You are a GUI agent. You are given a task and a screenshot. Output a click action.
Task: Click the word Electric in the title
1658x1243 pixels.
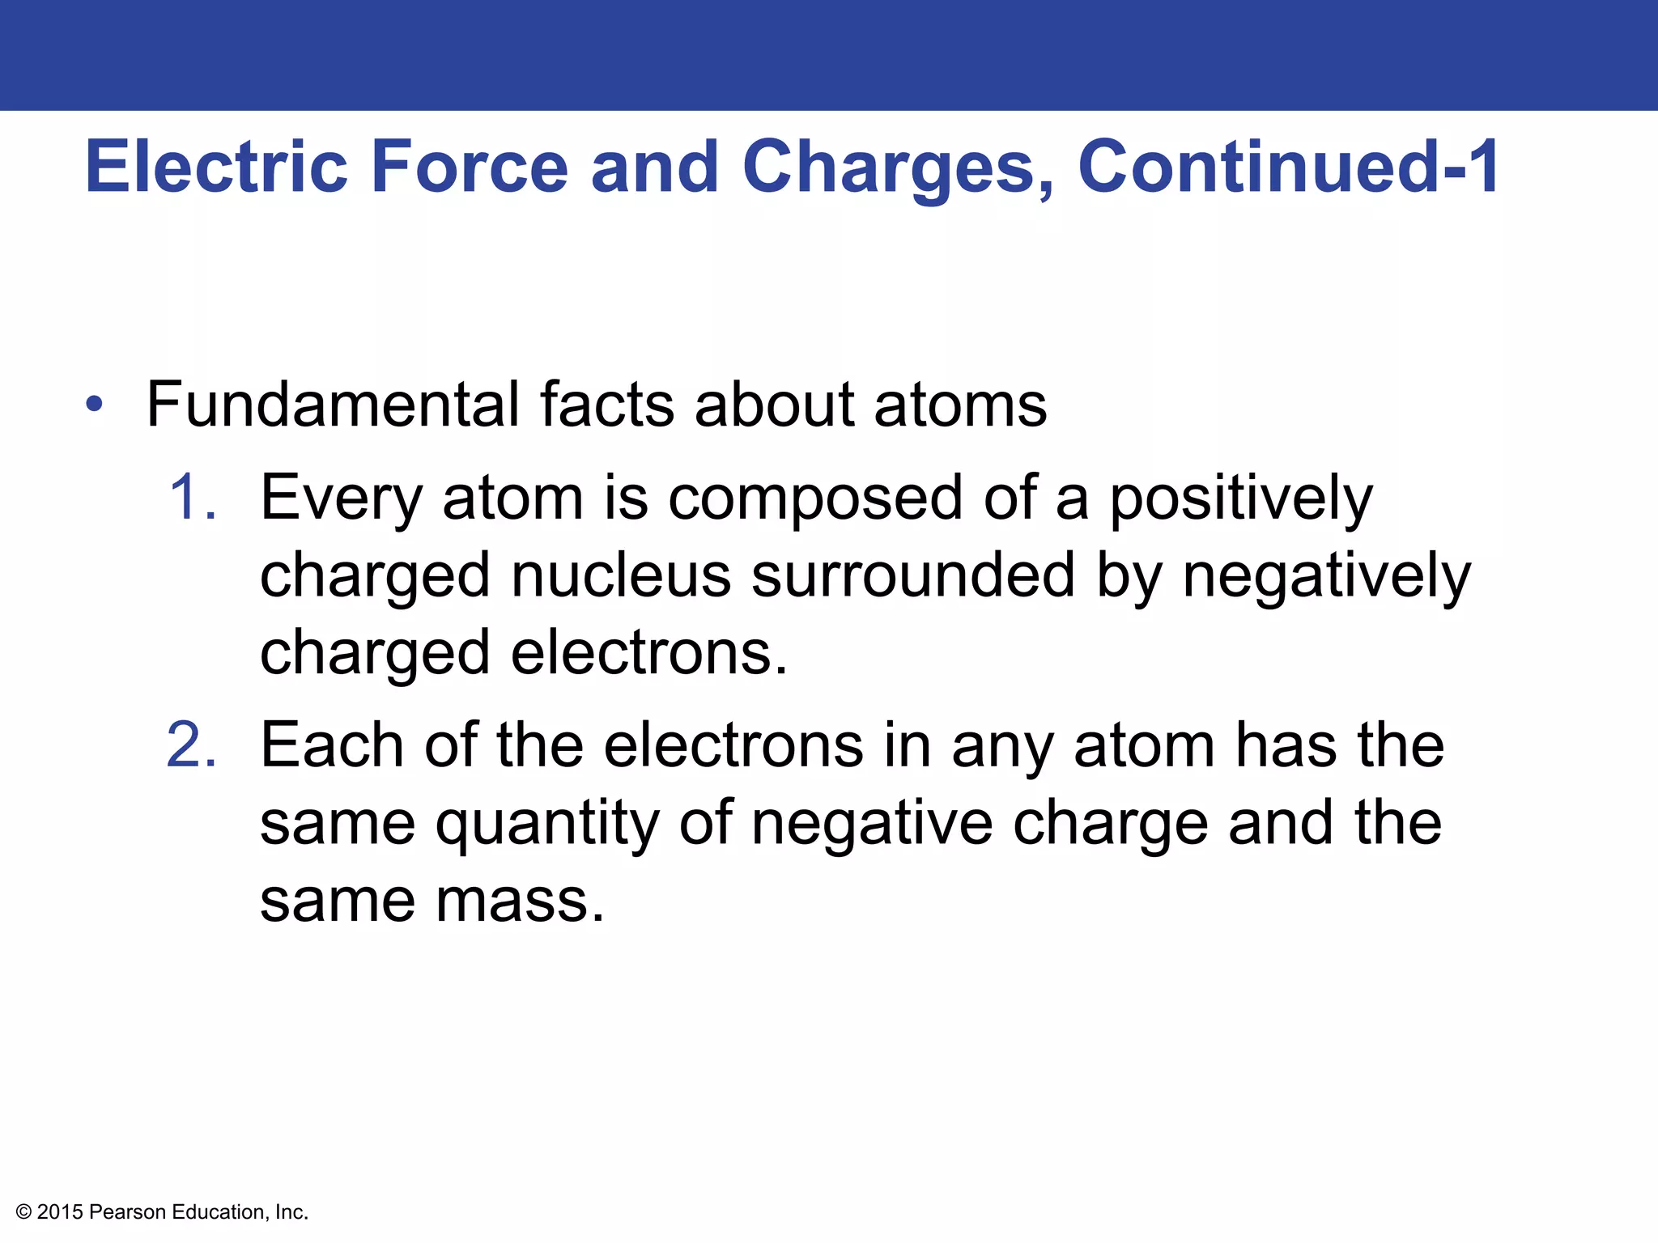216,167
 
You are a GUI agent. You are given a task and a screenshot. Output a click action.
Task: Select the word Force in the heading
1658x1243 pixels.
470,167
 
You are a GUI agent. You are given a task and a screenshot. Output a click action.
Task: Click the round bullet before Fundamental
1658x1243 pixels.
95,405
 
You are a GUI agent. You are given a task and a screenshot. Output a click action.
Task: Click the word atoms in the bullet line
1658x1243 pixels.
960,405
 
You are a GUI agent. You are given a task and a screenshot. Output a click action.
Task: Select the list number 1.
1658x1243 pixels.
193,497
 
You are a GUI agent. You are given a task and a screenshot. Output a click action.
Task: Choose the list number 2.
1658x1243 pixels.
192,745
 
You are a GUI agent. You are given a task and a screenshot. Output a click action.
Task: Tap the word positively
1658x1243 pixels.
1240,498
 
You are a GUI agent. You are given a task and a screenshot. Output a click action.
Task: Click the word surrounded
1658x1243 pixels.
913,575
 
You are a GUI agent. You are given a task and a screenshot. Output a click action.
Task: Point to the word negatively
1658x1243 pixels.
1326,575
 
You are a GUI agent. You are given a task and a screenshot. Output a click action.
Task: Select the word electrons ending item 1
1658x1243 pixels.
648,652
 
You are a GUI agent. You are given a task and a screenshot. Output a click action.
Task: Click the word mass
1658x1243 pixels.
520,900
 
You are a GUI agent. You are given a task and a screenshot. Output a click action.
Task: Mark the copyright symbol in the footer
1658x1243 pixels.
23,1212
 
